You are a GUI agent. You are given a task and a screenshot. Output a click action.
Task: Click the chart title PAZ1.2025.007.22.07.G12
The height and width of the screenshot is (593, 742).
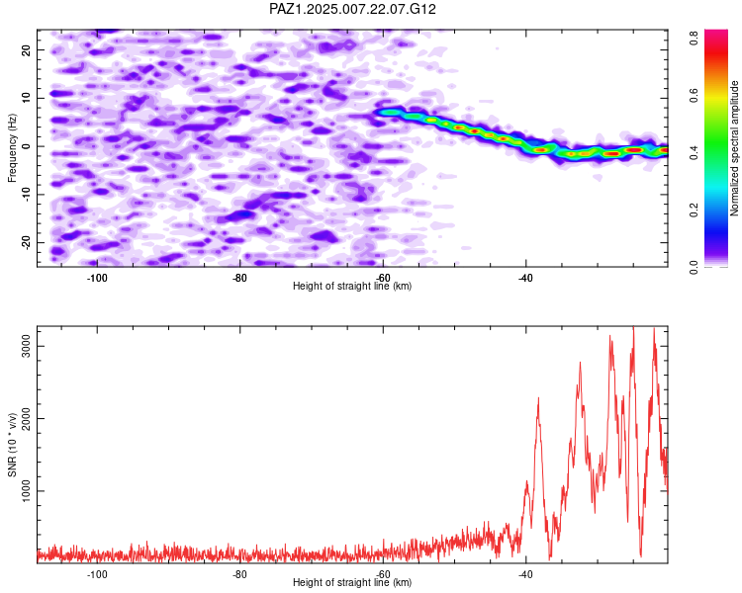352,9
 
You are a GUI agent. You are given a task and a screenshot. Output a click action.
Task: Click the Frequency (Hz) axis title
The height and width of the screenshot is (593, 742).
12,148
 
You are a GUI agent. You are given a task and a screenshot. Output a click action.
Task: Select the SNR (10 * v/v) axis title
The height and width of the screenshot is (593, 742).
12,445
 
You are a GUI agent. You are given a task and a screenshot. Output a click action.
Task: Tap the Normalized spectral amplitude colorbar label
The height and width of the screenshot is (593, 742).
734,148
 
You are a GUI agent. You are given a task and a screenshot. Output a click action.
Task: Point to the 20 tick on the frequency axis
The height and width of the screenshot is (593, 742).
27,49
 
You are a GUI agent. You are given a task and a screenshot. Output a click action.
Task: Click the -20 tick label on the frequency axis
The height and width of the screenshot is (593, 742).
27,242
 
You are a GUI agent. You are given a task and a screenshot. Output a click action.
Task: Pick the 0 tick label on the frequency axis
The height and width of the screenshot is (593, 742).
27,146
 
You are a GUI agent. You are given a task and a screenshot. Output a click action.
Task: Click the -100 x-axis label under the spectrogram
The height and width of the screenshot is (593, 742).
97,278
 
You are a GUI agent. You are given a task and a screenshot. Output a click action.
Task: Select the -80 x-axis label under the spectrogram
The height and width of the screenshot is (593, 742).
240,278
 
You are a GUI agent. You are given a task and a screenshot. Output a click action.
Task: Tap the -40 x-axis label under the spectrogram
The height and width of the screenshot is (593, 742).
525,278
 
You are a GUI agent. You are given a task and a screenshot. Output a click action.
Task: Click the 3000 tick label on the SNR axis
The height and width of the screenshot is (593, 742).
27,346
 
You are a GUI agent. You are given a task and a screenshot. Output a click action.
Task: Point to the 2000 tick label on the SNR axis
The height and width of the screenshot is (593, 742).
27,418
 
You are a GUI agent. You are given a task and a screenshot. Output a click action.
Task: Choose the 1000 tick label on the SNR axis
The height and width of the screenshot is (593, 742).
27,491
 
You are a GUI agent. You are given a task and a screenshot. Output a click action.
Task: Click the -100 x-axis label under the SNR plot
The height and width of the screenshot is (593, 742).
97,574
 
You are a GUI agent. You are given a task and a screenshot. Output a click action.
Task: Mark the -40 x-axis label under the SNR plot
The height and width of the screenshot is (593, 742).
525,574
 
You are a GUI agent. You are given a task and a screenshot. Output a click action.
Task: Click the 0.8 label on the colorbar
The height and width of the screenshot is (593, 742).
694,38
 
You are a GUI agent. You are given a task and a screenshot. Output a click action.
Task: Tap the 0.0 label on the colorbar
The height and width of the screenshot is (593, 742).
694,267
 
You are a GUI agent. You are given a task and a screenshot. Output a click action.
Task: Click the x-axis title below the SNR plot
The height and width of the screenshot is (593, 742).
352,582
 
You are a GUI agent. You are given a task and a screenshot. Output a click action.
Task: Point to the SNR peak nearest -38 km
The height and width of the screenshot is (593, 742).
538,398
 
